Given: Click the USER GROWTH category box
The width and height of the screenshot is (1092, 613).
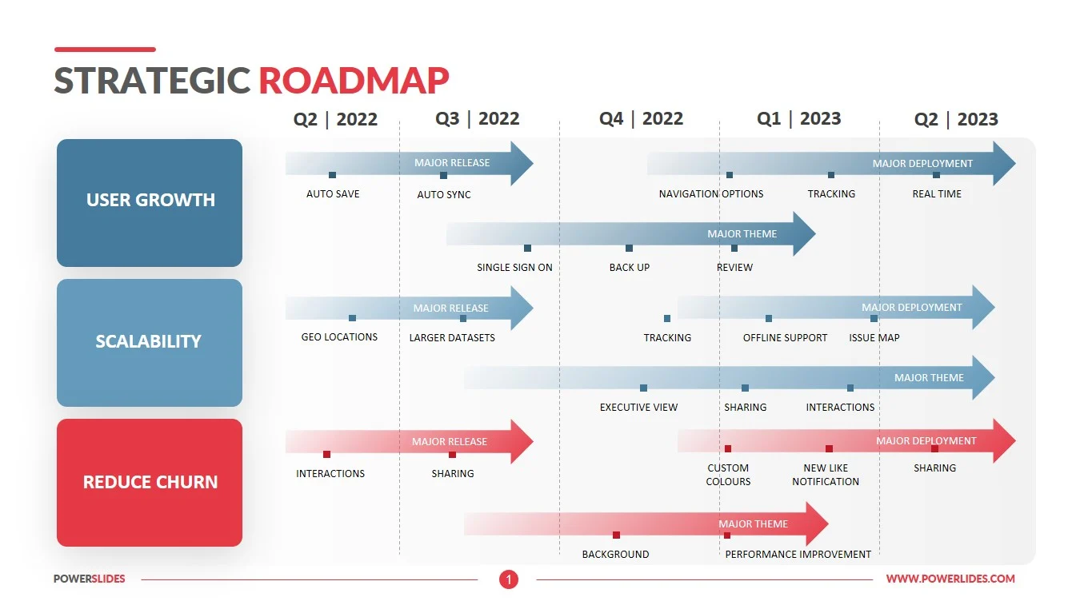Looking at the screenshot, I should tap(150, 201).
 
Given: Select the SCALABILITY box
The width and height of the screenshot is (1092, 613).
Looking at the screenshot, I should tap(150, 342).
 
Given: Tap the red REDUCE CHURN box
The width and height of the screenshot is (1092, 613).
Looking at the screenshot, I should tap(150, 482).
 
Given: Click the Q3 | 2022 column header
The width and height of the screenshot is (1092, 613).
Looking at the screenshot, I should tap(478, 119).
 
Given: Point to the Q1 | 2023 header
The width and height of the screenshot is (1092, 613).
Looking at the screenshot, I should tap(799, 119).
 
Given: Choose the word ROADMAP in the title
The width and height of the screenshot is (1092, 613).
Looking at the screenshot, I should tap(354, 81).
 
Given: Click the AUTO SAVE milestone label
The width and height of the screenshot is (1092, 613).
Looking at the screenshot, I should tap(333, 194).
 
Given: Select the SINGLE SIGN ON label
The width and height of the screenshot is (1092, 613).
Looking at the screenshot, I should tap(514, 268).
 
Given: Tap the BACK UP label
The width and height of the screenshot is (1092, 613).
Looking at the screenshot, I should tap(630, 268).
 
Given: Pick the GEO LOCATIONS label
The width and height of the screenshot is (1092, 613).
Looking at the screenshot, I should tap(339, 337).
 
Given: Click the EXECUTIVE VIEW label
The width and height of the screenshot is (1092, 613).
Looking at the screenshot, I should tap(638, 408).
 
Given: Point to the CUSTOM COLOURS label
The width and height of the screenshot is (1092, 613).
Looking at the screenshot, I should tap(728, 475).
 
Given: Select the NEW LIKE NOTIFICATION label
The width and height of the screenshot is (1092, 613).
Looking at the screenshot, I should tap(826, 475).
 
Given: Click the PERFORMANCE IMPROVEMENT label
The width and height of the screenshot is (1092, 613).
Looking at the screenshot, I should tap(798, 555).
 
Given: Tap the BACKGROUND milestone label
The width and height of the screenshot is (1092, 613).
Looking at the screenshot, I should tap(615, 555).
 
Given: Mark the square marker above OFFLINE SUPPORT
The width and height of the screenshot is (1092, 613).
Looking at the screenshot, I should tap(769, 318).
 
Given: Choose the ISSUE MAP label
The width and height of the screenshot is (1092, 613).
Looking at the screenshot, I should tap(874, 338).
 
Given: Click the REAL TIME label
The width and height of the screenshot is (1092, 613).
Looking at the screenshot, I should tap(937, 194).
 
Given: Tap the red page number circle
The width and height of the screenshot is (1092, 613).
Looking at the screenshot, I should tap(509, 579).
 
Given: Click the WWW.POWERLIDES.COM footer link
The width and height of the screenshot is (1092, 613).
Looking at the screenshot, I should tap(950, 579).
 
